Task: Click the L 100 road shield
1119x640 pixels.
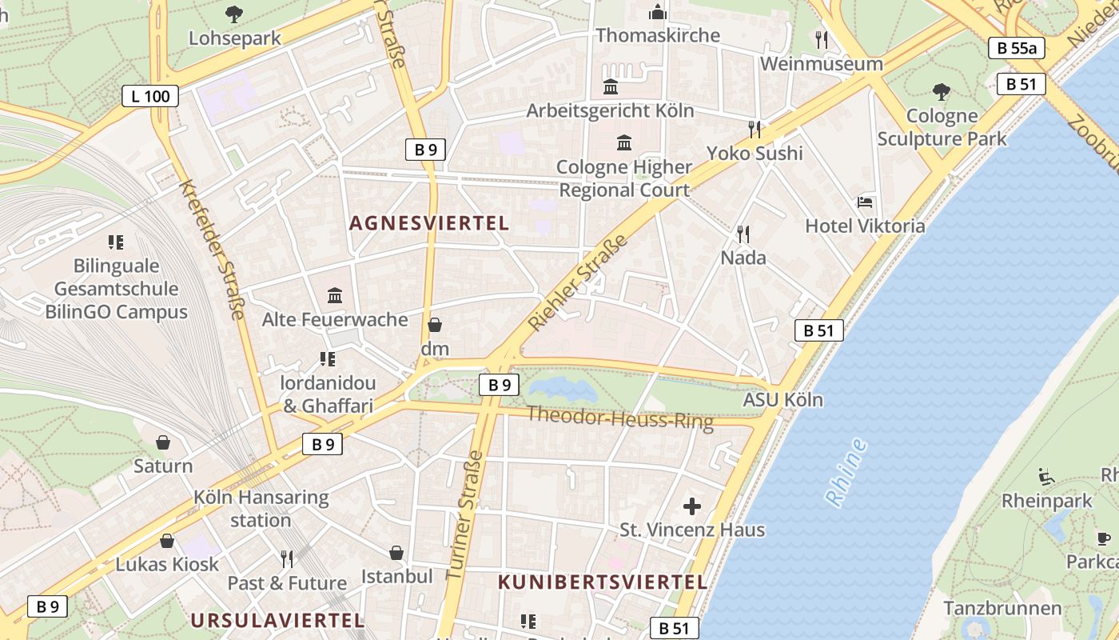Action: [150, 97]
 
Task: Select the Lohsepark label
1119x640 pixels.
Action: [235, 38]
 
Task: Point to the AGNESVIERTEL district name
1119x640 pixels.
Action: [429, 223]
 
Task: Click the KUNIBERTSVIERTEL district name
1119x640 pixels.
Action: [603, 582]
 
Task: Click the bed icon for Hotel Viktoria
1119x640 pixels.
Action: [865, 202]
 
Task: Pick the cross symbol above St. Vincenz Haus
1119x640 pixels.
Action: [692, 506]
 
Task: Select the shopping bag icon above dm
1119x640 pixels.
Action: [435, 325]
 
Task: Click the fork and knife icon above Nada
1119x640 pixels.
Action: [743, 234]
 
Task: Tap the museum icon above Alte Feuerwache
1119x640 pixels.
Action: [335, 296]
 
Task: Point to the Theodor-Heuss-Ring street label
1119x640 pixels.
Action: [620, 417]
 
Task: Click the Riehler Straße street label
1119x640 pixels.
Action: [578, 282]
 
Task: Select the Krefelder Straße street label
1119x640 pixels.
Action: [211, 249]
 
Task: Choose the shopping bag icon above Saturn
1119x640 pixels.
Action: [163, 442]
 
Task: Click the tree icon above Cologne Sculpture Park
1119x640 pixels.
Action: [942, 93]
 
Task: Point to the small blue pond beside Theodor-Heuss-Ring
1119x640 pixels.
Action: [563, 390]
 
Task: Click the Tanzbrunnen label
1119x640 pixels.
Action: [1002, 608]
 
